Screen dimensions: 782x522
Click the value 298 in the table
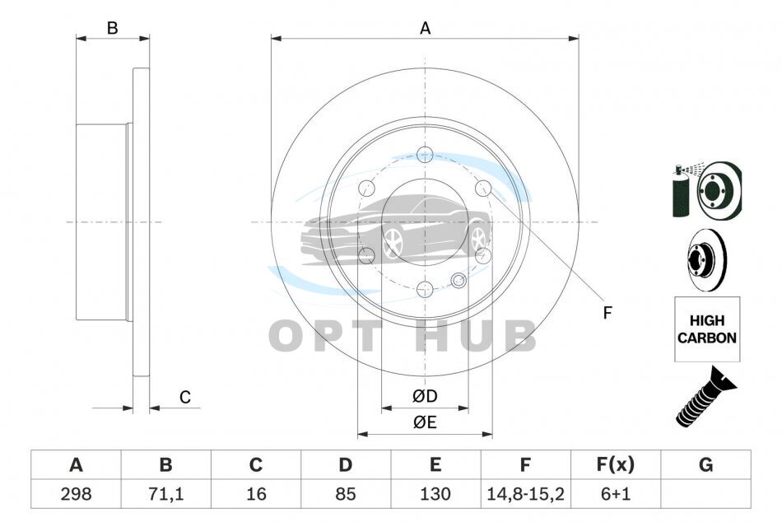[76, 494]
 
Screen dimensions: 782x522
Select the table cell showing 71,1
[165, 494]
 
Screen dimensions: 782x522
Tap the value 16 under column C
[256, 494]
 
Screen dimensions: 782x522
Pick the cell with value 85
[346, 494]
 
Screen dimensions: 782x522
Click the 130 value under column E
[435, 494]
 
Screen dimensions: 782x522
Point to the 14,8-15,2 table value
[526, 494]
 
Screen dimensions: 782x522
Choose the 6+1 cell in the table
[616, 494]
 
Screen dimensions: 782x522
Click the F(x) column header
[616, 464]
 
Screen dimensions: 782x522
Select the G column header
[705, 464]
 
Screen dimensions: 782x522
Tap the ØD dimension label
[425, 396]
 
